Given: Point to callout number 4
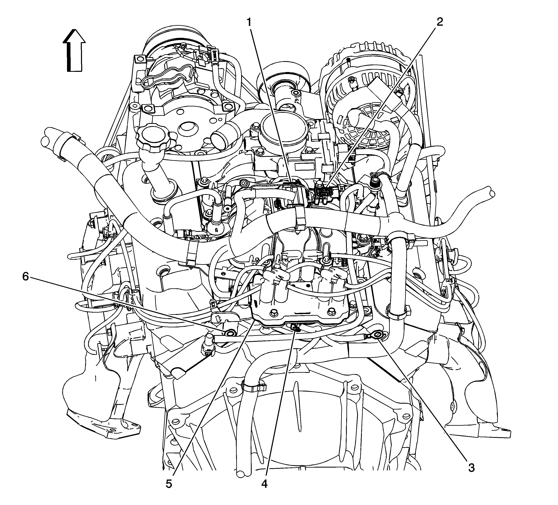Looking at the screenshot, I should pos(264,484).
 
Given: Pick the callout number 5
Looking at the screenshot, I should pos(169,484).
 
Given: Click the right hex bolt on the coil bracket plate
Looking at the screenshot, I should pos(331,312).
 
